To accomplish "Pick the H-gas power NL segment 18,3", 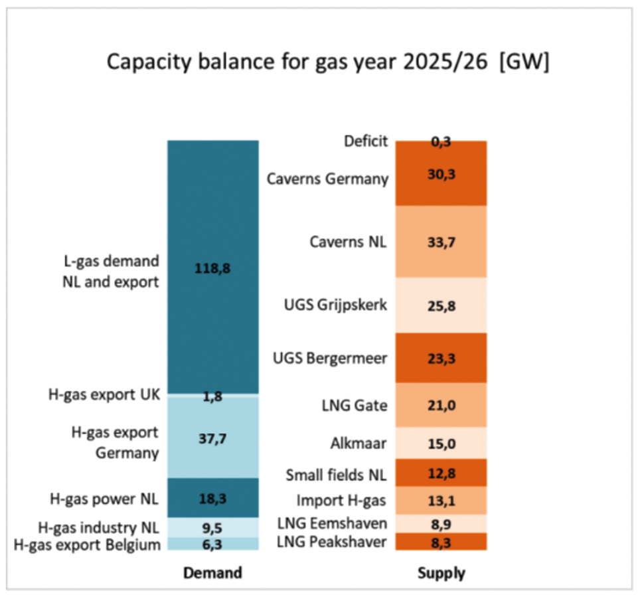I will [212, 497].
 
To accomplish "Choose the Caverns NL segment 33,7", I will [441, 242].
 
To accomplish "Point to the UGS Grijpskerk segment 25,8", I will [441, 306].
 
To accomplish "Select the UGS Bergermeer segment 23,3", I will [441, 359].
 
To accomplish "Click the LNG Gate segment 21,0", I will [441, 405].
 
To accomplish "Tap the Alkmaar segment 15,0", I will [441, 443].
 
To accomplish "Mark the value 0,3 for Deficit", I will [441, 141].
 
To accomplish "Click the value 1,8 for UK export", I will [212, 396].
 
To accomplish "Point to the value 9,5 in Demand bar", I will [212, 529].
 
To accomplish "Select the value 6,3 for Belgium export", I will [212, 545].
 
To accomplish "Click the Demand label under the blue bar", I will [212, 572].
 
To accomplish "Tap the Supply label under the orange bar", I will [441, 572].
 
